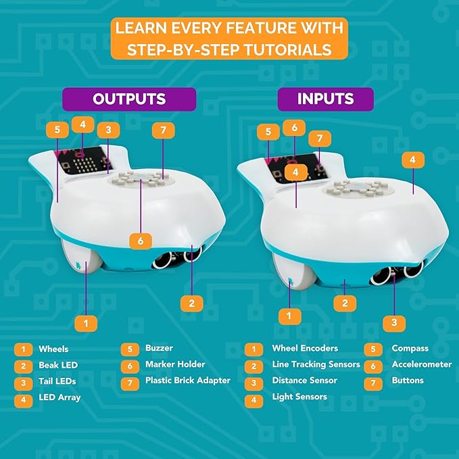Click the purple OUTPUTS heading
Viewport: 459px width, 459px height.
129,99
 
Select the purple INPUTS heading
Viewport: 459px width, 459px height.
325,99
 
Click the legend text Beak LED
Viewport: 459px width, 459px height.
58,365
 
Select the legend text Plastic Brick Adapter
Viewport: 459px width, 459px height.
188,381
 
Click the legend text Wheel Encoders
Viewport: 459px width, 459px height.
305,349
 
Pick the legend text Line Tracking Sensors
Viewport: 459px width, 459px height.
316,364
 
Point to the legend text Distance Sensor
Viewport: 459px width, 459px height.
305,381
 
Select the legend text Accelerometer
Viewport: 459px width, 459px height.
422,364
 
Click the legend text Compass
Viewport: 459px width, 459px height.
410,349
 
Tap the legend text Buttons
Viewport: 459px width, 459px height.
408,381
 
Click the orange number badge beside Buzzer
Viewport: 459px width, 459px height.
129,349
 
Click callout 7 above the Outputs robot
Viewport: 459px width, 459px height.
164,129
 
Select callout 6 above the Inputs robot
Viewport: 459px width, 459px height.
295,126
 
